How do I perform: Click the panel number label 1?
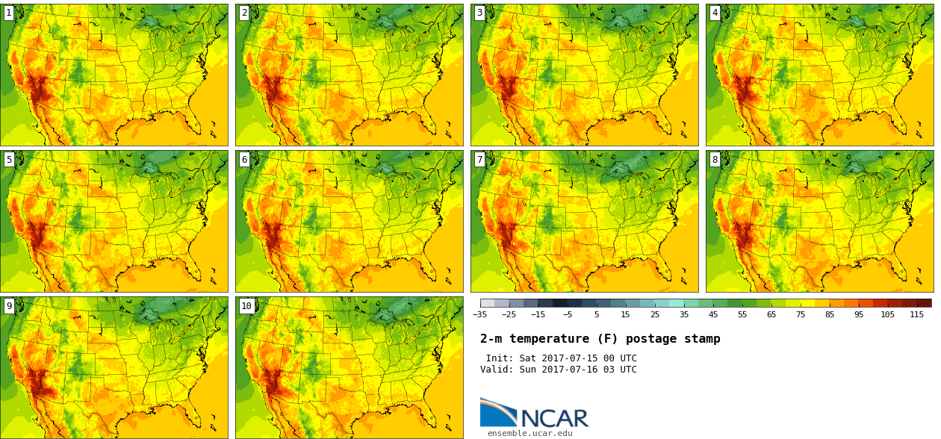click(x=8, y=13)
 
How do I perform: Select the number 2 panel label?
click(x=243, y=13)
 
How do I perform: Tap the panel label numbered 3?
click(x=479, y=13)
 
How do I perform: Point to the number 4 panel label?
click(x=714, y=13)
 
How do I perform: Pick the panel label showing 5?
click(x=8, y=159)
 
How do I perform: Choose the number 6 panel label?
click(x=243, y=159)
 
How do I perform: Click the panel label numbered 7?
click(x=479, y=159)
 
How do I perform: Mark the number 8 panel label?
click(x=714, y=159)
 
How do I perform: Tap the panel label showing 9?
click(x=8, y=305)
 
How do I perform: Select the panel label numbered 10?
click(x=246, y=305)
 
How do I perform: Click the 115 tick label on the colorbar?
click(x=916, y=315)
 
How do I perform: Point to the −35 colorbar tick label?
click(x=479, y=315)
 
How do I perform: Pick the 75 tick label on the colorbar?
click(x=801, y=315)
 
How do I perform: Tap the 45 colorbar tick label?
click(x=713, y=315)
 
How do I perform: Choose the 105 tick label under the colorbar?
click(x=887, y=315)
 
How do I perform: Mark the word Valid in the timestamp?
click(x=495, y=370)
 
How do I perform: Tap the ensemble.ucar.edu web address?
click(x=529, y=433)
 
